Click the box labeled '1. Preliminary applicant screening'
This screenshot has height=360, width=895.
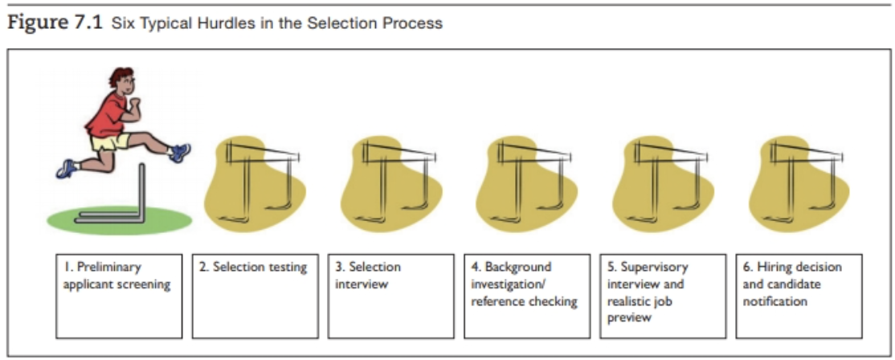coord(119,296)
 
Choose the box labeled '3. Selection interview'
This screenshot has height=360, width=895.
coord(391,296)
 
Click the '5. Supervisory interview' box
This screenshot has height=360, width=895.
coord(663,296)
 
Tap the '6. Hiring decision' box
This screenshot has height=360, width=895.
coord(799,296)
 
